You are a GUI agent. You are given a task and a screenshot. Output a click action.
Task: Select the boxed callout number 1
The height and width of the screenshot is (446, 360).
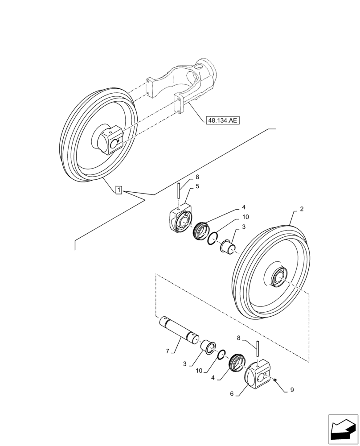click(119, 190)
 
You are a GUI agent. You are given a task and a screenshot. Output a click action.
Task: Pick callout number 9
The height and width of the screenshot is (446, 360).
click(292, 389)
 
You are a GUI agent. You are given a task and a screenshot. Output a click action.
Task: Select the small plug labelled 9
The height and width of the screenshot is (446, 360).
click(275, 380)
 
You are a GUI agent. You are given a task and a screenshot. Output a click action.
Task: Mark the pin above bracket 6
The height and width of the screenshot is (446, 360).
click(258, 350)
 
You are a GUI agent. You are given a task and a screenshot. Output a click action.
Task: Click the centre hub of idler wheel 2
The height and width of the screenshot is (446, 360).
click(280, 277)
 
